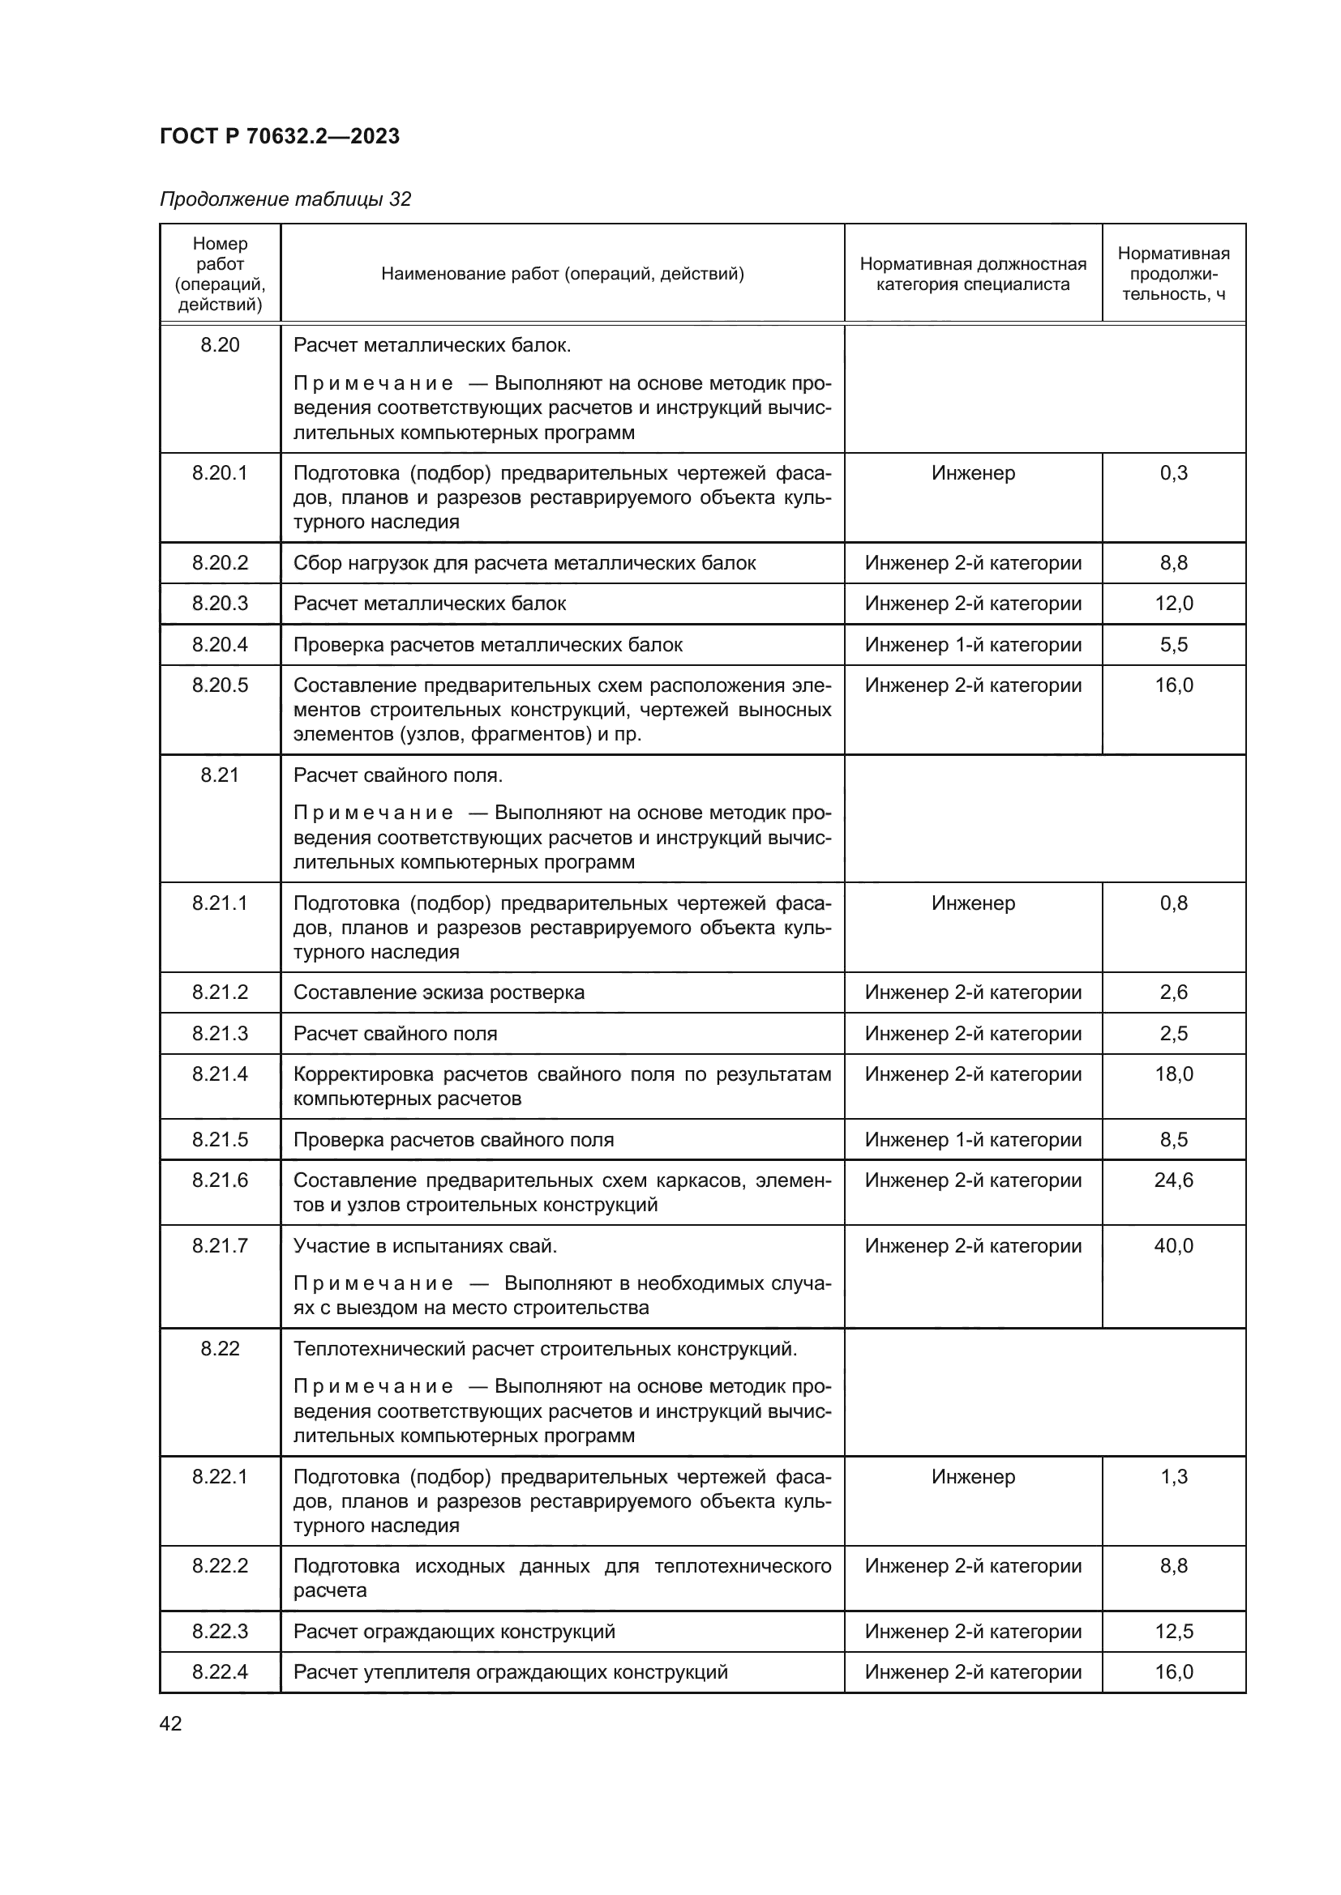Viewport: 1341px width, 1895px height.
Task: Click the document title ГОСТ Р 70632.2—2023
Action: pos(279,136)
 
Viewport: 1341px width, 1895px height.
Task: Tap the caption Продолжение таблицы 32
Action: pos(285,199)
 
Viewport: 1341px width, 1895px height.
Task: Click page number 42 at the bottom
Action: pos(170,1723)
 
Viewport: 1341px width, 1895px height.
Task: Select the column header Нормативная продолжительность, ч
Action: pos(1172,273)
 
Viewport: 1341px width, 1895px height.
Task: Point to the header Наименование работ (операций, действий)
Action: pos(562,273)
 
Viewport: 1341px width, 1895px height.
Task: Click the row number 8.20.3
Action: pos(220,604)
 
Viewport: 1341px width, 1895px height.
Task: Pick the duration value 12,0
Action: pos(1173,604)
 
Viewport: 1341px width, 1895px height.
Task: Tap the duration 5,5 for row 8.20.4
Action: pos(1173,645)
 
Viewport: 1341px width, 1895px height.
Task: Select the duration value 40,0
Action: pos(1173,1245)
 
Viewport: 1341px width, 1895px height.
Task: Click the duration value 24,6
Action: pos(1173,1180)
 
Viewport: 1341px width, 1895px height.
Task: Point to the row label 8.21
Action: pos(220,775)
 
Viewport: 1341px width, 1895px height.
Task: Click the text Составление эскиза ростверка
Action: pos(439,992)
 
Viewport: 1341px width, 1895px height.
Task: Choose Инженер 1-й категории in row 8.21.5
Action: pos(973,1140)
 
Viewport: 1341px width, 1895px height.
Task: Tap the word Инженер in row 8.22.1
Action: pos(973,1477)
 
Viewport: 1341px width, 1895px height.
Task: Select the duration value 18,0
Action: pos(1173,1073)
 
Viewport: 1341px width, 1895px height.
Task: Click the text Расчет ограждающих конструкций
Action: pos(454,1632)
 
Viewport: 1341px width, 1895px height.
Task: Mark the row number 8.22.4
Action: pos(220,1672)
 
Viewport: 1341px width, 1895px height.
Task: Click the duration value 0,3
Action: pos(1173,473)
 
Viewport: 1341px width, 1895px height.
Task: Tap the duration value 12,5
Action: pos(1173,1632)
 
